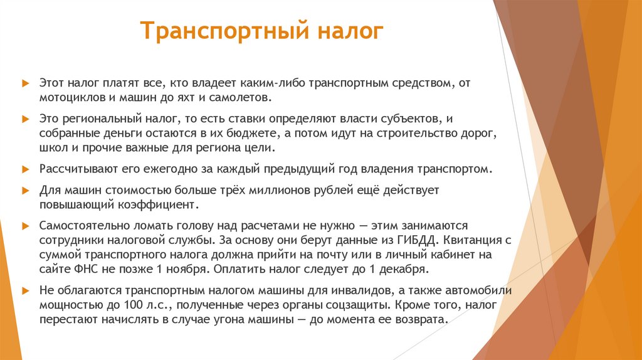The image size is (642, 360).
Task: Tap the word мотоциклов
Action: [68, 98]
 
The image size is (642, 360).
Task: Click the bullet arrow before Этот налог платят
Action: [25, 82]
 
